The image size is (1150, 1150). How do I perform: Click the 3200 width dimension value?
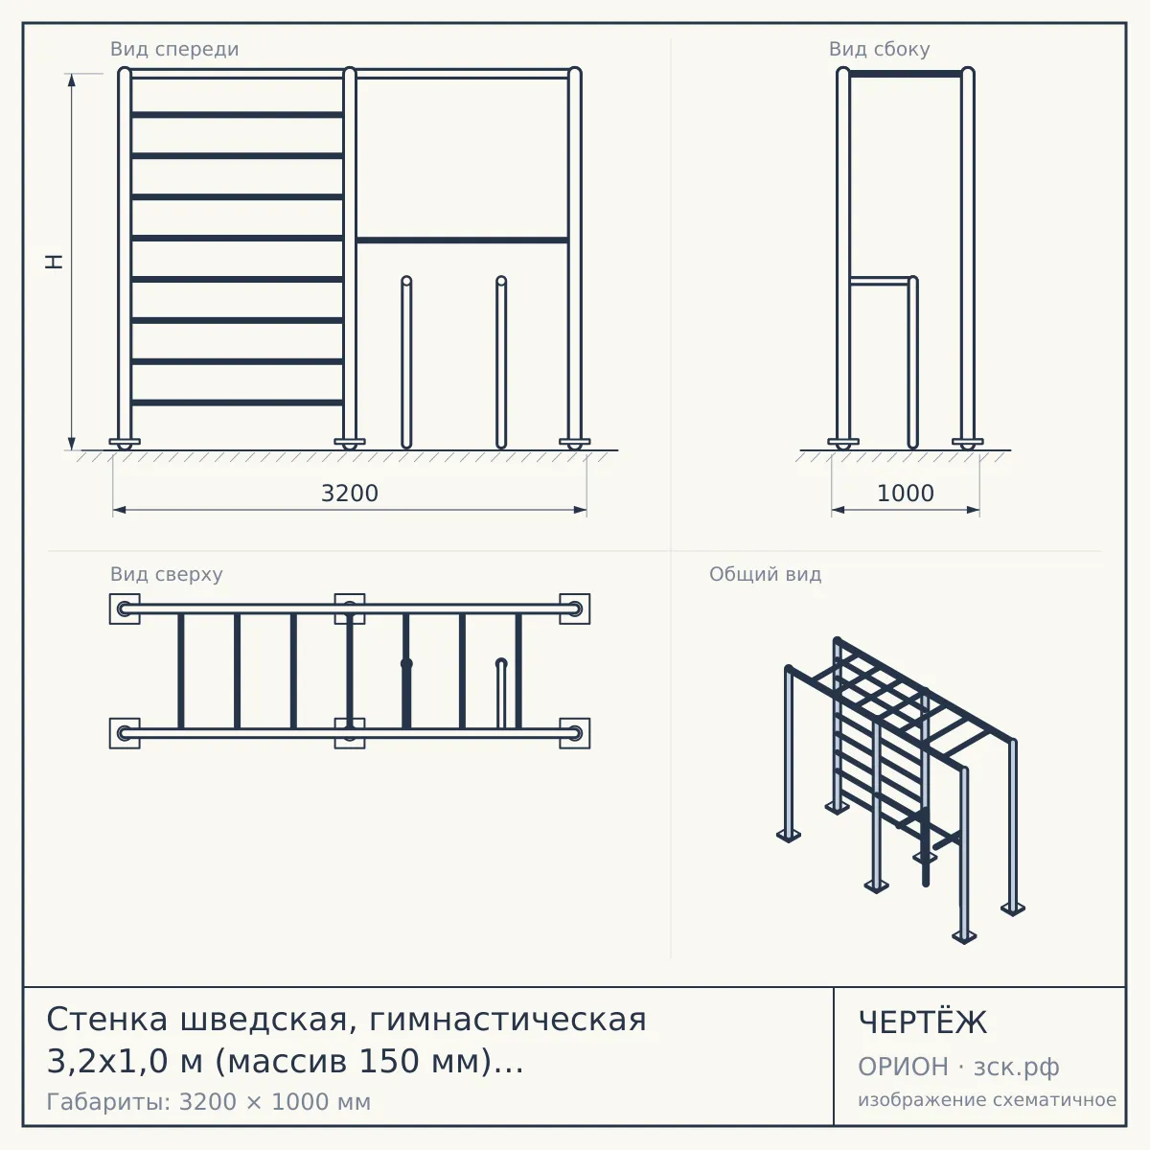coord(350,494)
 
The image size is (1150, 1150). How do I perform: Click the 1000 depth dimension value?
coord(906,494)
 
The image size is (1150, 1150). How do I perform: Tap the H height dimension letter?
coord(55,262)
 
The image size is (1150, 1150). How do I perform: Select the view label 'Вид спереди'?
coord(174,49)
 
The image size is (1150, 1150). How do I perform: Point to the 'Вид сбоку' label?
coord(879,49)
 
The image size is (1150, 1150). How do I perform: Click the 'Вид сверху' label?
coord(167,574)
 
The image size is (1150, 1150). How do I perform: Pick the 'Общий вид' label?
coord(765,574)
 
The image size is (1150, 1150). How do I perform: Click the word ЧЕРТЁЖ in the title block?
coord(923,1023)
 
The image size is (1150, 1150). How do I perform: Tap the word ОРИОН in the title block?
coord(903,1067)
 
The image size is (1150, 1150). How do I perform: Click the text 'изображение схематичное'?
coord(987,1099)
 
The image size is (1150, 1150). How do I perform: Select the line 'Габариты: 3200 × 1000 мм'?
coord(208,1102)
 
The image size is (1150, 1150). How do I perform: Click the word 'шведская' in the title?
coord(264,1020)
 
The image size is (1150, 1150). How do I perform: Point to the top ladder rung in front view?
coord(237,115)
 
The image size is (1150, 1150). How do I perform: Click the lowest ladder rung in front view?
coord(237,402)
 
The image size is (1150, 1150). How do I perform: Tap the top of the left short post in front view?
coord(406,279)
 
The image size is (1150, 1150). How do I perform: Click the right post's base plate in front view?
coord(575,442)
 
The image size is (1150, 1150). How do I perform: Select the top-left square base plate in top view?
coord(125,609)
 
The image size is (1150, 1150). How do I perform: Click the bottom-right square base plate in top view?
coord(575,733)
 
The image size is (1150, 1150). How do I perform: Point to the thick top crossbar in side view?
coord(906,74)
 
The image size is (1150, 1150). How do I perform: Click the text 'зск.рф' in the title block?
coord(1017,1067)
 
